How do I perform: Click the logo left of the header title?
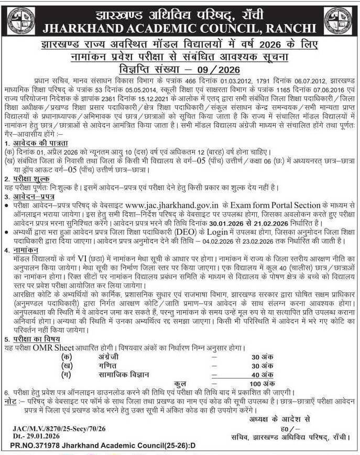21,20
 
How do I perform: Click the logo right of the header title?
338,20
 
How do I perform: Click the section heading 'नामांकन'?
24,252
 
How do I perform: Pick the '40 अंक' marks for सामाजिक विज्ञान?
262,374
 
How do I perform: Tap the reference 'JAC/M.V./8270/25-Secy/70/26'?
59,429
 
